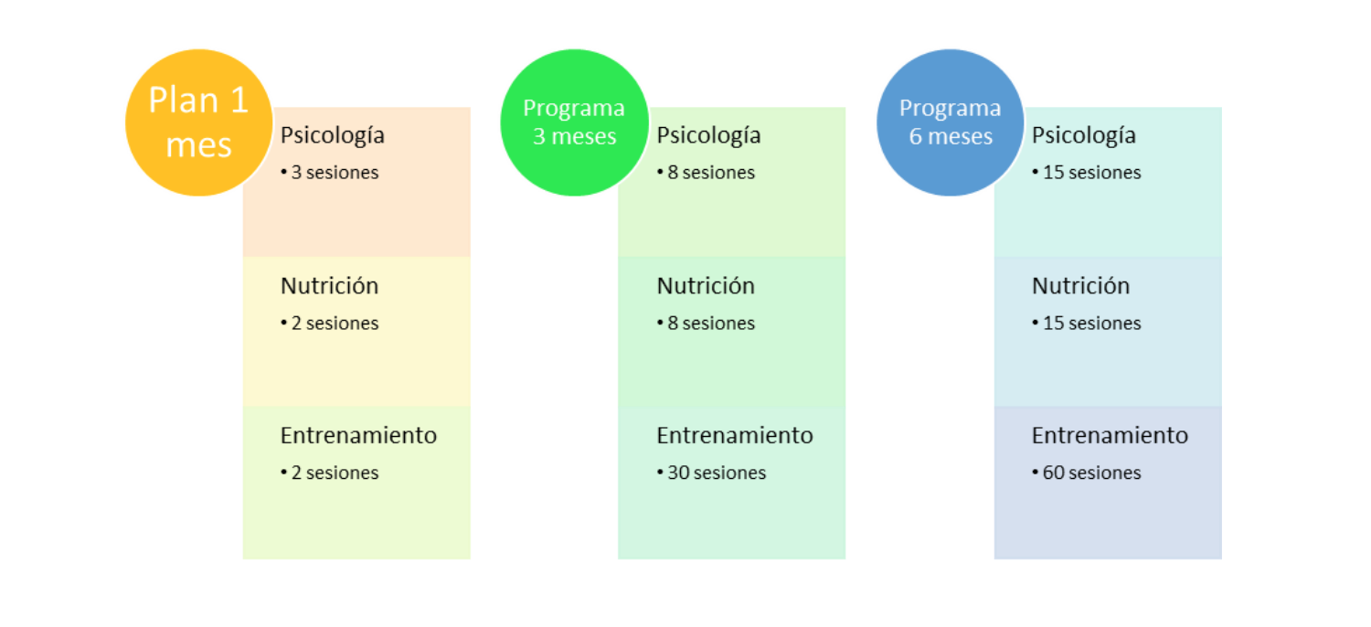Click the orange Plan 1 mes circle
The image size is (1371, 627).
199,122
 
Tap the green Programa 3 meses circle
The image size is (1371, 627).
574,122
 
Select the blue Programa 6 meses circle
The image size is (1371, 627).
950,122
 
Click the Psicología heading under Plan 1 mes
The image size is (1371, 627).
333,135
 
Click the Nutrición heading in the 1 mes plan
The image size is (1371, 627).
329,286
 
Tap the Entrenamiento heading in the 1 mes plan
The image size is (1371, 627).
358,436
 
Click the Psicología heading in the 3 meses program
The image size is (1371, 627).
708,135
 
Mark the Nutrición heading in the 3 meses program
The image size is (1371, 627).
706,286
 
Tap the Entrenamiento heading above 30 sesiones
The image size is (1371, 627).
735,436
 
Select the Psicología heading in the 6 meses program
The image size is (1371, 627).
1084,135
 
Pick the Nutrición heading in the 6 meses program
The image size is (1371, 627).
1080,286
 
